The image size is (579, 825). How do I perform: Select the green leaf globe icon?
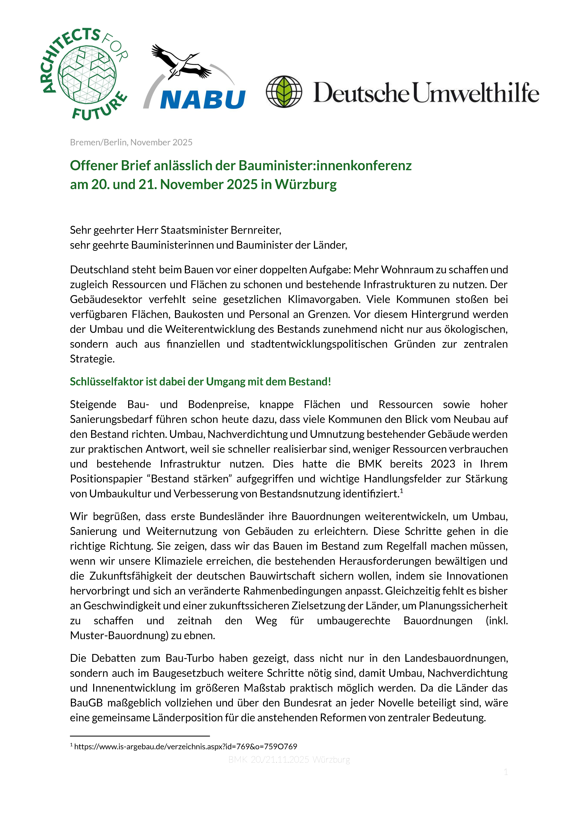click(284, 92)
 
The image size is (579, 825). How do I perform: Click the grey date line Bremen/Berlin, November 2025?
click(131, 142)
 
